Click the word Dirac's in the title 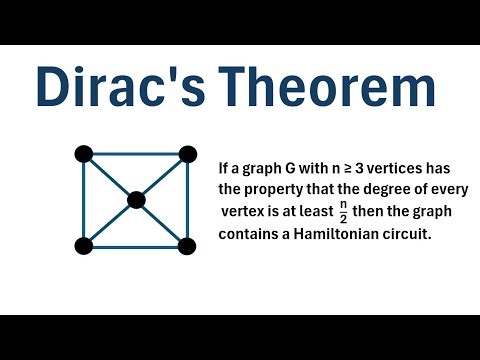pos(111,87)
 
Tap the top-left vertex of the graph pos(84,154)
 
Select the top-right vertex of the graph pos(186,154)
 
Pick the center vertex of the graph pos(136,200)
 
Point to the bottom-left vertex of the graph pos(84,245)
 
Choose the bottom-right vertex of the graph pos(186,245)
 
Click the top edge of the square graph pos(135,154)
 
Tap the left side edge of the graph pos(84,200)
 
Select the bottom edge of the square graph pos(135,245)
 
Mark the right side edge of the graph pos(186,200)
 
